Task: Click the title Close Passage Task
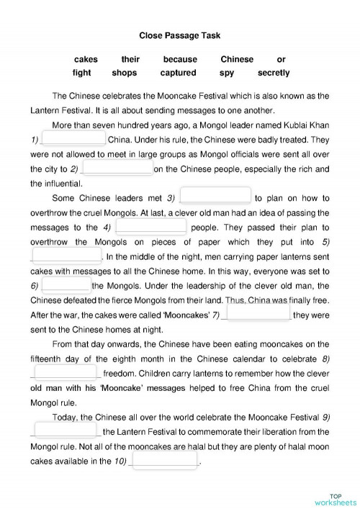pos(179,34)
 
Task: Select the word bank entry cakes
pos(86,59)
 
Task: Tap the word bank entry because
pos(179,59)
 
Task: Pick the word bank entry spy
pos(228,73)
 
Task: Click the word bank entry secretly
pos(273,73)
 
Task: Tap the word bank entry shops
pos(124,73)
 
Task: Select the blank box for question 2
pos(117,168)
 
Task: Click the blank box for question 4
pos(151,226)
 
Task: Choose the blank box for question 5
pos(66,256)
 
